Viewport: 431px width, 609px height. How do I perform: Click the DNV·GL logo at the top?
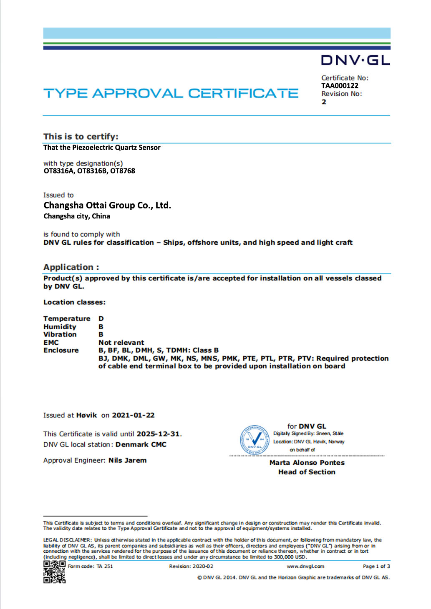point(355,60)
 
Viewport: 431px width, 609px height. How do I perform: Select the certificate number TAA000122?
point(340,86)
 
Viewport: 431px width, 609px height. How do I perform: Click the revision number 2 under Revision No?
point(324,102)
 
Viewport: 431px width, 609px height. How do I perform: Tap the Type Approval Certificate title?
point(171,93)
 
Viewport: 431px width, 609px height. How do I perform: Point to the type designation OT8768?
point(123,171)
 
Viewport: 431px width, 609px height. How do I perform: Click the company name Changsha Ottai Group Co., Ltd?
point(107,206)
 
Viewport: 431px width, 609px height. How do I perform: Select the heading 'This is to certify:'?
point(81,137)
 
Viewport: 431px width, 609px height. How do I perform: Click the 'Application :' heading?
point(71,267)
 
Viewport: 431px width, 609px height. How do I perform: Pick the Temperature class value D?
point(101,319)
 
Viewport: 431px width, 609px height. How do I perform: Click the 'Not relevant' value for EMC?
point(121,343)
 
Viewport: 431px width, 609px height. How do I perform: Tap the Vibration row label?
point(60,335)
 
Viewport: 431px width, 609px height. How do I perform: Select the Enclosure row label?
point(61,351)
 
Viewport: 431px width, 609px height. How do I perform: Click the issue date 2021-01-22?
point(133,416)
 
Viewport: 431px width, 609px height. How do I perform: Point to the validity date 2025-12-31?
point(158,434)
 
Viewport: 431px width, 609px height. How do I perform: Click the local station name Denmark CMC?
point(141,445)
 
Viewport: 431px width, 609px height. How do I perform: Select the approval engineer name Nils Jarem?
point(127,461)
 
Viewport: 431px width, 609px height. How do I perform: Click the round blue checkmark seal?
point(255,440)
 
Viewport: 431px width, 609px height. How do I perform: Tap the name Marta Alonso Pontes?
point(307,463)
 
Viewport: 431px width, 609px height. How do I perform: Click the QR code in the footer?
point(54,572)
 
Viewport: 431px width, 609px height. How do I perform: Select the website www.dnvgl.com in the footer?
point(305,566)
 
